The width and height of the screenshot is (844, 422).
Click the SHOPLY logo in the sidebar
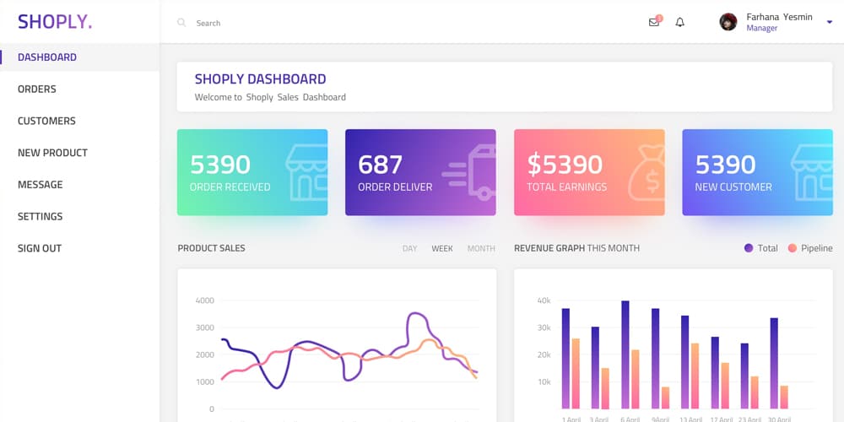[55, 22]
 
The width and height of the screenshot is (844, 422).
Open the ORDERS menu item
[37, 89]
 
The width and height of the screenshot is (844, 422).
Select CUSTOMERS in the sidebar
[46, 121]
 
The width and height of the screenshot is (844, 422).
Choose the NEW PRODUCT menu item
[52, 153]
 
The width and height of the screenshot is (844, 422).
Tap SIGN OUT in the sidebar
[40, 248]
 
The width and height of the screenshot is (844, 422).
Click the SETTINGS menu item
[41, 217]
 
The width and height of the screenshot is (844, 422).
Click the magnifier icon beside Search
[181, 23]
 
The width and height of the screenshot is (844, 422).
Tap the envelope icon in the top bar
[654, 23]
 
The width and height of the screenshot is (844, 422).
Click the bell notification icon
[680, 23]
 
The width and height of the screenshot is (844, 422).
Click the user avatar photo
[728, 22]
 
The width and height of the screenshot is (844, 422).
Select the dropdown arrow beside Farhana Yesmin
[830, 22]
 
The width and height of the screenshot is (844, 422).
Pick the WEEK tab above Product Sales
[442, 249]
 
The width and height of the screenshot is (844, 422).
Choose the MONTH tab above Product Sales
[481, 249]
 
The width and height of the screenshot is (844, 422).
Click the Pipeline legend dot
[792, 248]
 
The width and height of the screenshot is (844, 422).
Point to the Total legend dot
[749, 248]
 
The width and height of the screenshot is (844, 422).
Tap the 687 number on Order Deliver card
[381, 164]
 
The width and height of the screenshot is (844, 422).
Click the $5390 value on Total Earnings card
[565, 164]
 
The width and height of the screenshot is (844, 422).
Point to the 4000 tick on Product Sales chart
[204, 300]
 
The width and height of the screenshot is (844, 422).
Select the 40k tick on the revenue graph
[544, 300]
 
